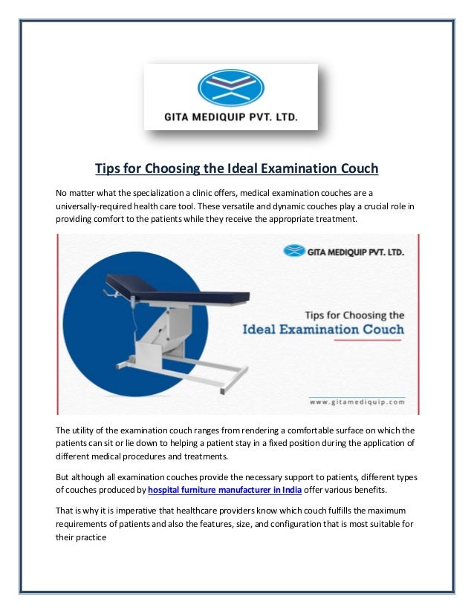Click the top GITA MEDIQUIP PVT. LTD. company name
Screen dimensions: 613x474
[230, 116]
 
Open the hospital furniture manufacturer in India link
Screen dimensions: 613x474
[224, 491]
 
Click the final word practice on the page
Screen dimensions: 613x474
[92, 538]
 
